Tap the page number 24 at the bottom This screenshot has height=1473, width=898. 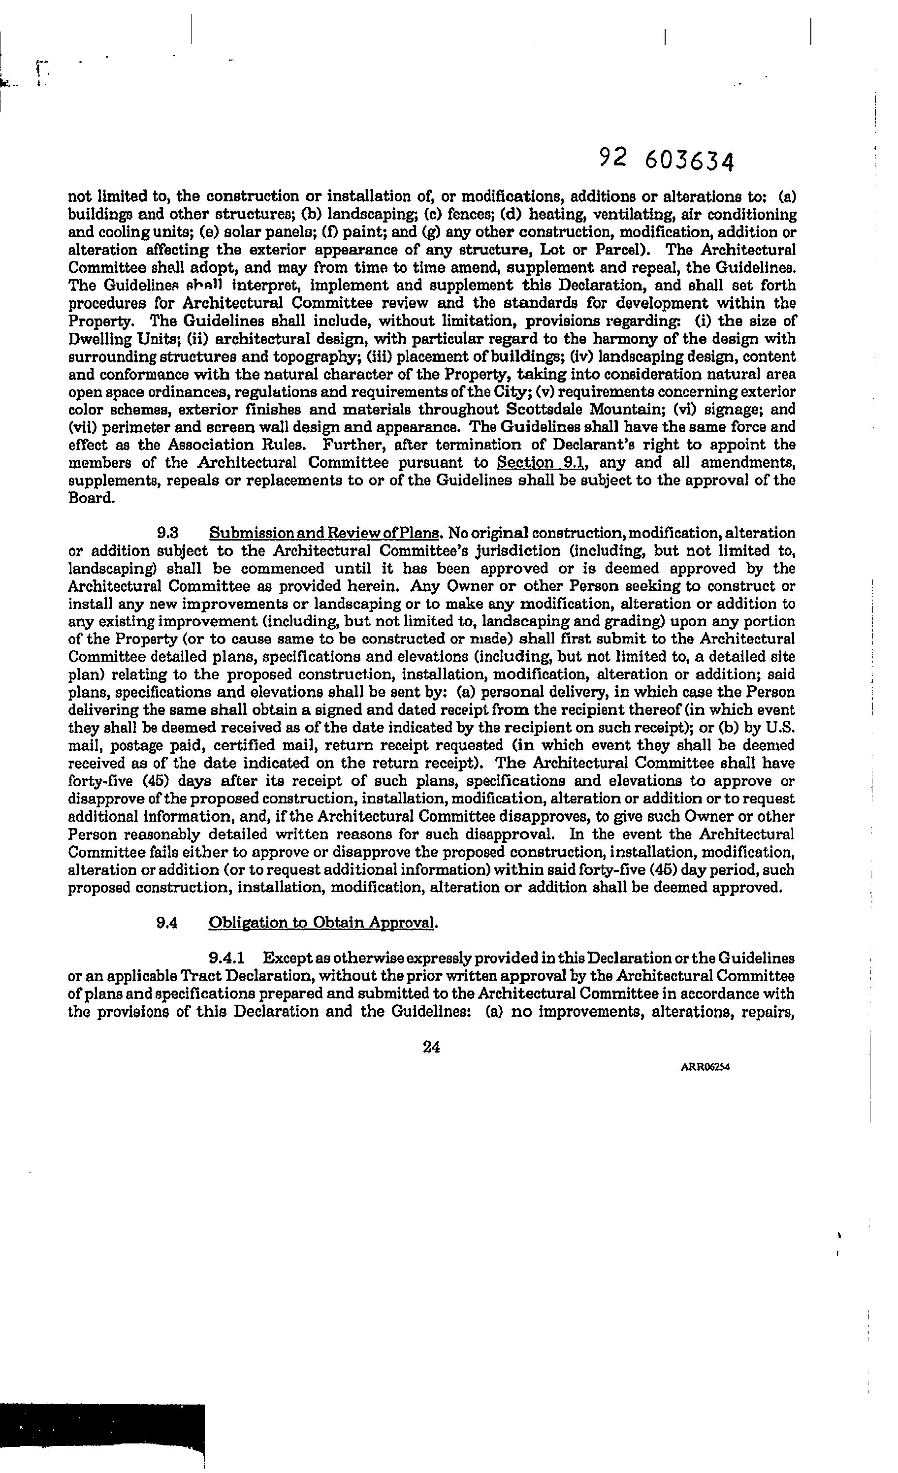pos(431,1046)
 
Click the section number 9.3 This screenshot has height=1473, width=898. pos(168,533)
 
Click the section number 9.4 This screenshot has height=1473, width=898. pos(167,923)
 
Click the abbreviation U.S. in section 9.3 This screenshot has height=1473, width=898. pos(781,728)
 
